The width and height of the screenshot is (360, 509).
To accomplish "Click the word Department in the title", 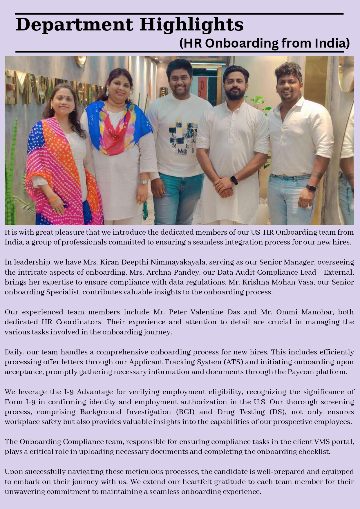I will coord(74,25).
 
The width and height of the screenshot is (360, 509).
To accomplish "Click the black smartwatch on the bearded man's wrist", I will coord(234,180).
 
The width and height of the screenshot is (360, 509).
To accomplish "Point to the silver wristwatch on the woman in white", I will coord(143,182).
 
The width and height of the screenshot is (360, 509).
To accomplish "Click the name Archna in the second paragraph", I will coord(156,272).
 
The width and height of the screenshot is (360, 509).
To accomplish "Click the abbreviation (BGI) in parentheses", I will coord(185,412).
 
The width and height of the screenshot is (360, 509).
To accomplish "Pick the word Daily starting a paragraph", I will coord(14,352).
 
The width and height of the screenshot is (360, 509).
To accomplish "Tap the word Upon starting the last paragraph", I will coord(13,472).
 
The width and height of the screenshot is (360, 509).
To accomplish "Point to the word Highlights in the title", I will coord(191,25).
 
